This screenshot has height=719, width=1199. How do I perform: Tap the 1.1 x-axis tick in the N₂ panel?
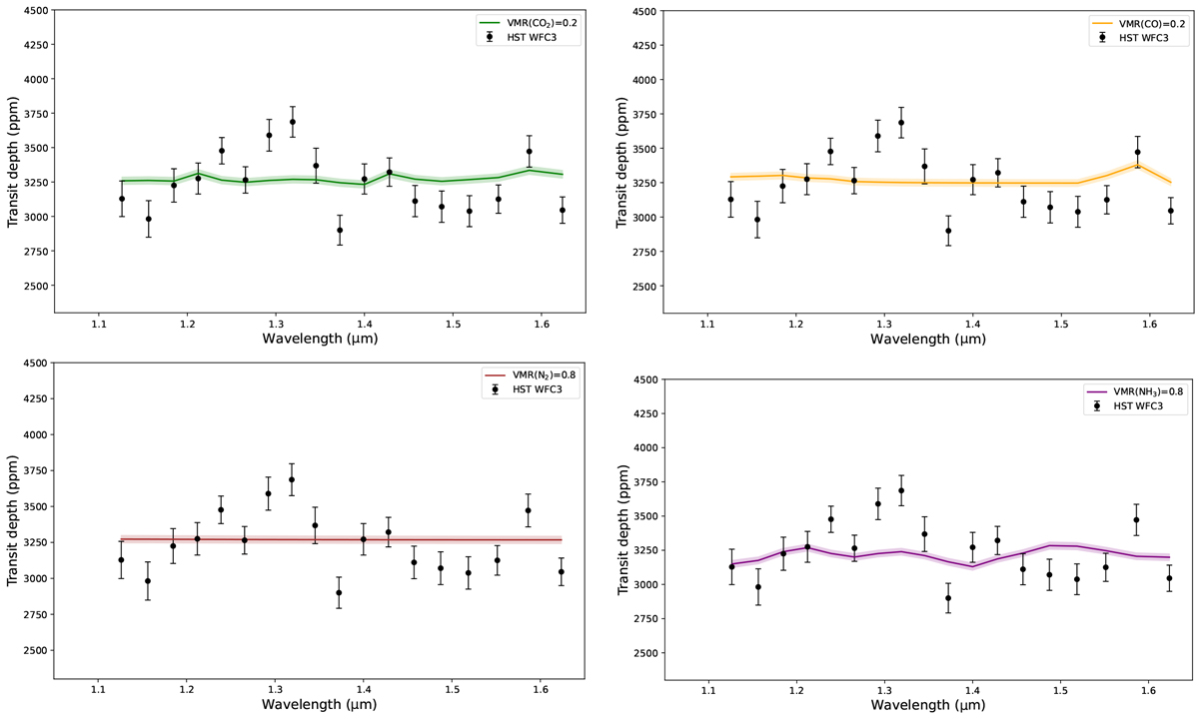pos(99,689)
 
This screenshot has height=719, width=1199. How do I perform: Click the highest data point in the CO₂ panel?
pos(293,122)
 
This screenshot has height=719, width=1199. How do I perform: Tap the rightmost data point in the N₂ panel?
pos(563,572)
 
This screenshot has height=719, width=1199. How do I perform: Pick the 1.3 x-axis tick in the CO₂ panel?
pos(276,324)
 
